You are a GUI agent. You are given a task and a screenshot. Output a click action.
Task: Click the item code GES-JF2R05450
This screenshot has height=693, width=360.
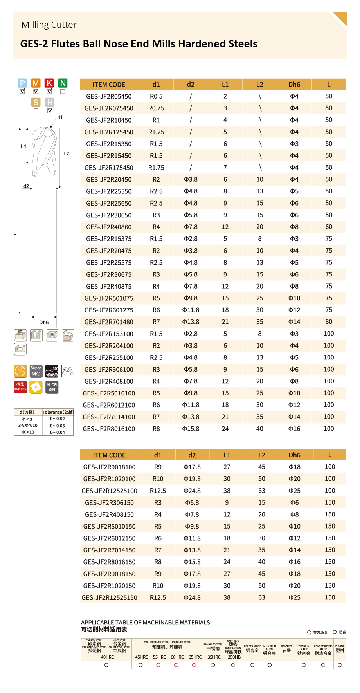109,96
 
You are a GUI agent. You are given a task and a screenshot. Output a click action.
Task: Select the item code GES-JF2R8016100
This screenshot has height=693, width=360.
109,429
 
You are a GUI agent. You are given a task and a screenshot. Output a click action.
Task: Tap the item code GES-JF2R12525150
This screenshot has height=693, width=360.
109,597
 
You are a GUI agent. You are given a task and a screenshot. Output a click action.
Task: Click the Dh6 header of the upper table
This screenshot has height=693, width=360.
294,85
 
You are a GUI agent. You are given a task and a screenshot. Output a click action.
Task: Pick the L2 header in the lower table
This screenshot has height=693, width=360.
261,455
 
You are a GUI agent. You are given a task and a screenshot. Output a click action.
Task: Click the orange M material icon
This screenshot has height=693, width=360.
36,83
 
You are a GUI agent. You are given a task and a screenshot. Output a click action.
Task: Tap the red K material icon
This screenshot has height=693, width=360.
49,83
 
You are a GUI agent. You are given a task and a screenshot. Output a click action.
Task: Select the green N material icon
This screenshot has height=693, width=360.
63,83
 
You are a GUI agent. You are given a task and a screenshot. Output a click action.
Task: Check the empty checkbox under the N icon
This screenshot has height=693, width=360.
63,92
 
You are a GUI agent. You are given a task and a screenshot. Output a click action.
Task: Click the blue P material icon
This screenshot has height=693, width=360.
22,83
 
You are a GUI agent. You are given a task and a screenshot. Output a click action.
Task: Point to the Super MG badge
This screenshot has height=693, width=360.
36,371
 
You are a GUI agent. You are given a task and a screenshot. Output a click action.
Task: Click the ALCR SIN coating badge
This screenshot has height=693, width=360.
52,387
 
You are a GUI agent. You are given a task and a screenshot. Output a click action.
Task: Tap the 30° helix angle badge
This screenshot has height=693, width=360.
52,371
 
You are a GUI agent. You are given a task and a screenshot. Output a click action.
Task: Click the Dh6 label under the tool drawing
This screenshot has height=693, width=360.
44,323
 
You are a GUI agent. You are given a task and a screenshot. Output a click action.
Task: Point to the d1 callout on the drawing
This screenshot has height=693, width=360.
60,117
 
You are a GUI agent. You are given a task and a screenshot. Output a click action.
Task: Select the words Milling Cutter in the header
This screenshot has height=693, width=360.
49,25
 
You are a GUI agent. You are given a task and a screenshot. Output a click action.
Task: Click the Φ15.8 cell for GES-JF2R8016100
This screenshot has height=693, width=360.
191,429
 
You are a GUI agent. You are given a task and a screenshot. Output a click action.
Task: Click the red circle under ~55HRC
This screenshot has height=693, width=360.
158,665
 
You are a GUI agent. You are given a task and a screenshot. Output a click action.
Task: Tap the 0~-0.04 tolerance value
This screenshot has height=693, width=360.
58,432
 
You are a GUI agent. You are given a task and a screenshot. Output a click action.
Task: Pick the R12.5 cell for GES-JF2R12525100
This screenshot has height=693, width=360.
158,491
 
